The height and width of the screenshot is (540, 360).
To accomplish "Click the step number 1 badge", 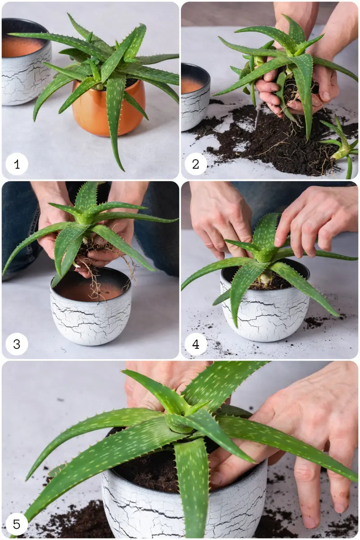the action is [17, 164].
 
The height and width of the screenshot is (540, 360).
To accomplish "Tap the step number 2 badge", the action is [196, 164].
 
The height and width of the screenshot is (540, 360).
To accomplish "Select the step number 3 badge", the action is [17, 344].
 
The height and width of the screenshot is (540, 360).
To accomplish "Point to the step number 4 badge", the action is [196, 344].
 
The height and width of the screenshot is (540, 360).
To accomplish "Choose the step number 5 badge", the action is [17, 524].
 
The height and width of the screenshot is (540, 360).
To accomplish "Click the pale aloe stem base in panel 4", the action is [265, 278].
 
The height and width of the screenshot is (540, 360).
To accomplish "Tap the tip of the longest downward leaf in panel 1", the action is [124, 171].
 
